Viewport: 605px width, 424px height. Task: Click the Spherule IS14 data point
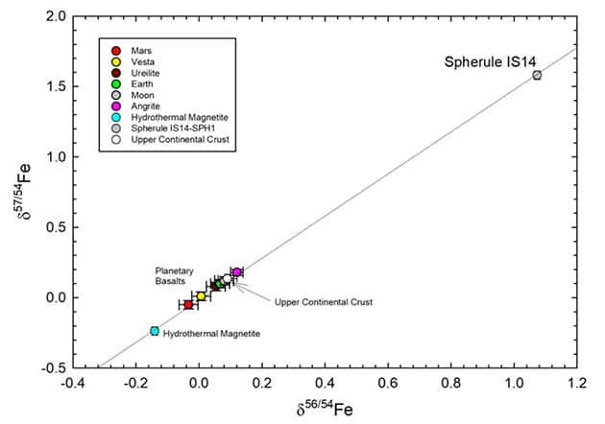click(537, 75)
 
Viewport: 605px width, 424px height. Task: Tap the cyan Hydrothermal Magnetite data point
click(155, 331)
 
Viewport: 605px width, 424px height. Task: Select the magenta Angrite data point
click(236, 272)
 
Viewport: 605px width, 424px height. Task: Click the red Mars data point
click(188, 304)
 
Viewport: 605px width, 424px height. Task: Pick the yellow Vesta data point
click(201, 296)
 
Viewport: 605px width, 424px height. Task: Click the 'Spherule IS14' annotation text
click(490, 62)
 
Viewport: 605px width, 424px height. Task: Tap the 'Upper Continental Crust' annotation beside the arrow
click(323, 302)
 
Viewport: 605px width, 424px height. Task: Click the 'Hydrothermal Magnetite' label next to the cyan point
click(211, 333)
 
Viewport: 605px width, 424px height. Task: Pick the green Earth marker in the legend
click(117, 83)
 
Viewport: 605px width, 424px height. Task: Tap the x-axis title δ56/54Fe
click(326, 409)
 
